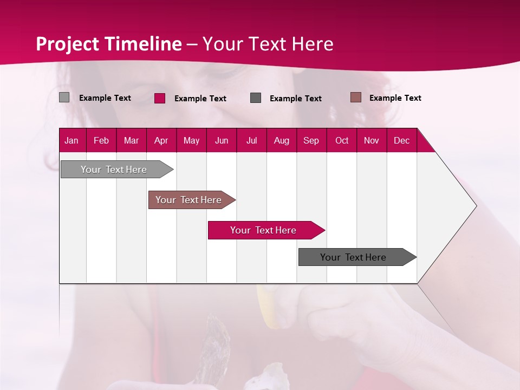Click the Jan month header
71,141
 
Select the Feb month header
101,141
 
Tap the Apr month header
161,141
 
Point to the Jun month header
222,141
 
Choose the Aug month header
281,141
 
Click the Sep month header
311,141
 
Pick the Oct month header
342,141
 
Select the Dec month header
401,141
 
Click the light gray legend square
64,97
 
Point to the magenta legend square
160,98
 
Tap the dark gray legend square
256,98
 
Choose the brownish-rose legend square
356,97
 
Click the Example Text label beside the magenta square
200,99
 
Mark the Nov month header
372,141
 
